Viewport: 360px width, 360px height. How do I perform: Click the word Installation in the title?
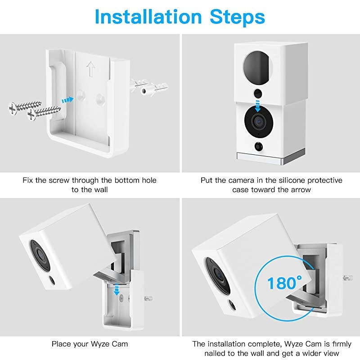[148, 17]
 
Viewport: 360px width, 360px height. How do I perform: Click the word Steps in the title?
[238, 17]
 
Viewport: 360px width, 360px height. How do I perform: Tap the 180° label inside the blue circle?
[284, 283]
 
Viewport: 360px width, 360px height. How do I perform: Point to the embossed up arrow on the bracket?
[91, 69]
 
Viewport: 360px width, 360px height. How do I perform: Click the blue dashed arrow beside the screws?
[67, 100]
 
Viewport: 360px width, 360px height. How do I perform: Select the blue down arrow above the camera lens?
[257, 106]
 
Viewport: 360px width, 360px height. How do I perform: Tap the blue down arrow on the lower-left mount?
[117, 290]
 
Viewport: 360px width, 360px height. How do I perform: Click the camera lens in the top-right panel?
[259, 121]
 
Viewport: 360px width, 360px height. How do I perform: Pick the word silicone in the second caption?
[291, 180]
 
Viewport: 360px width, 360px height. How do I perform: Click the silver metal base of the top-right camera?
[271, 157]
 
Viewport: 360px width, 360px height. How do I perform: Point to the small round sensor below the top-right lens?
[258, 147]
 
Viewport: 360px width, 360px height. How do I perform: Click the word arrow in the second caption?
[301, 190]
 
